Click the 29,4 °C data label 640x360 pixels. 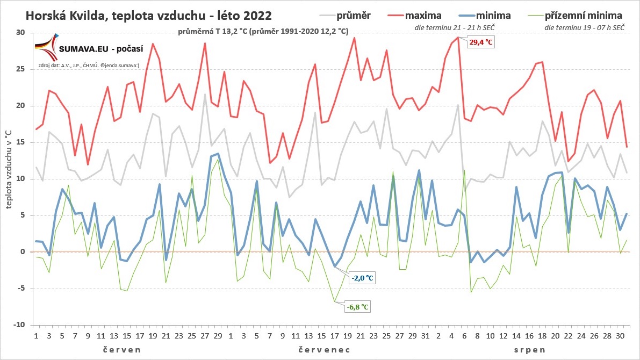pos(480,42)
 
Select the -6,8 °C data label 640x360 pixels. pos(358,307)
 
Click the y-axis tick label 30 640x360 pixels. pos(20,33)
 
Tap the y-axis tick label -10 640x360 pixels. pos(19,325)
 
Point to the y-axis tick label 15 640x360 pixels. pos(20,142)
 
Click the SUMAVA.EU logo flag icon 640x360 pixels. pos(45,47)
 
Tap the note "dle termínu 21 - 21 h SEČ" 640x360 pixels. pos(455,26)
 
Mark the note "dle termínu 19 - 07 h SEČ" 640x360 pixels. pos(584,26)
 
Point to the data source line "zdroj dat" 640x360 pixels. pos(89,66)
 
